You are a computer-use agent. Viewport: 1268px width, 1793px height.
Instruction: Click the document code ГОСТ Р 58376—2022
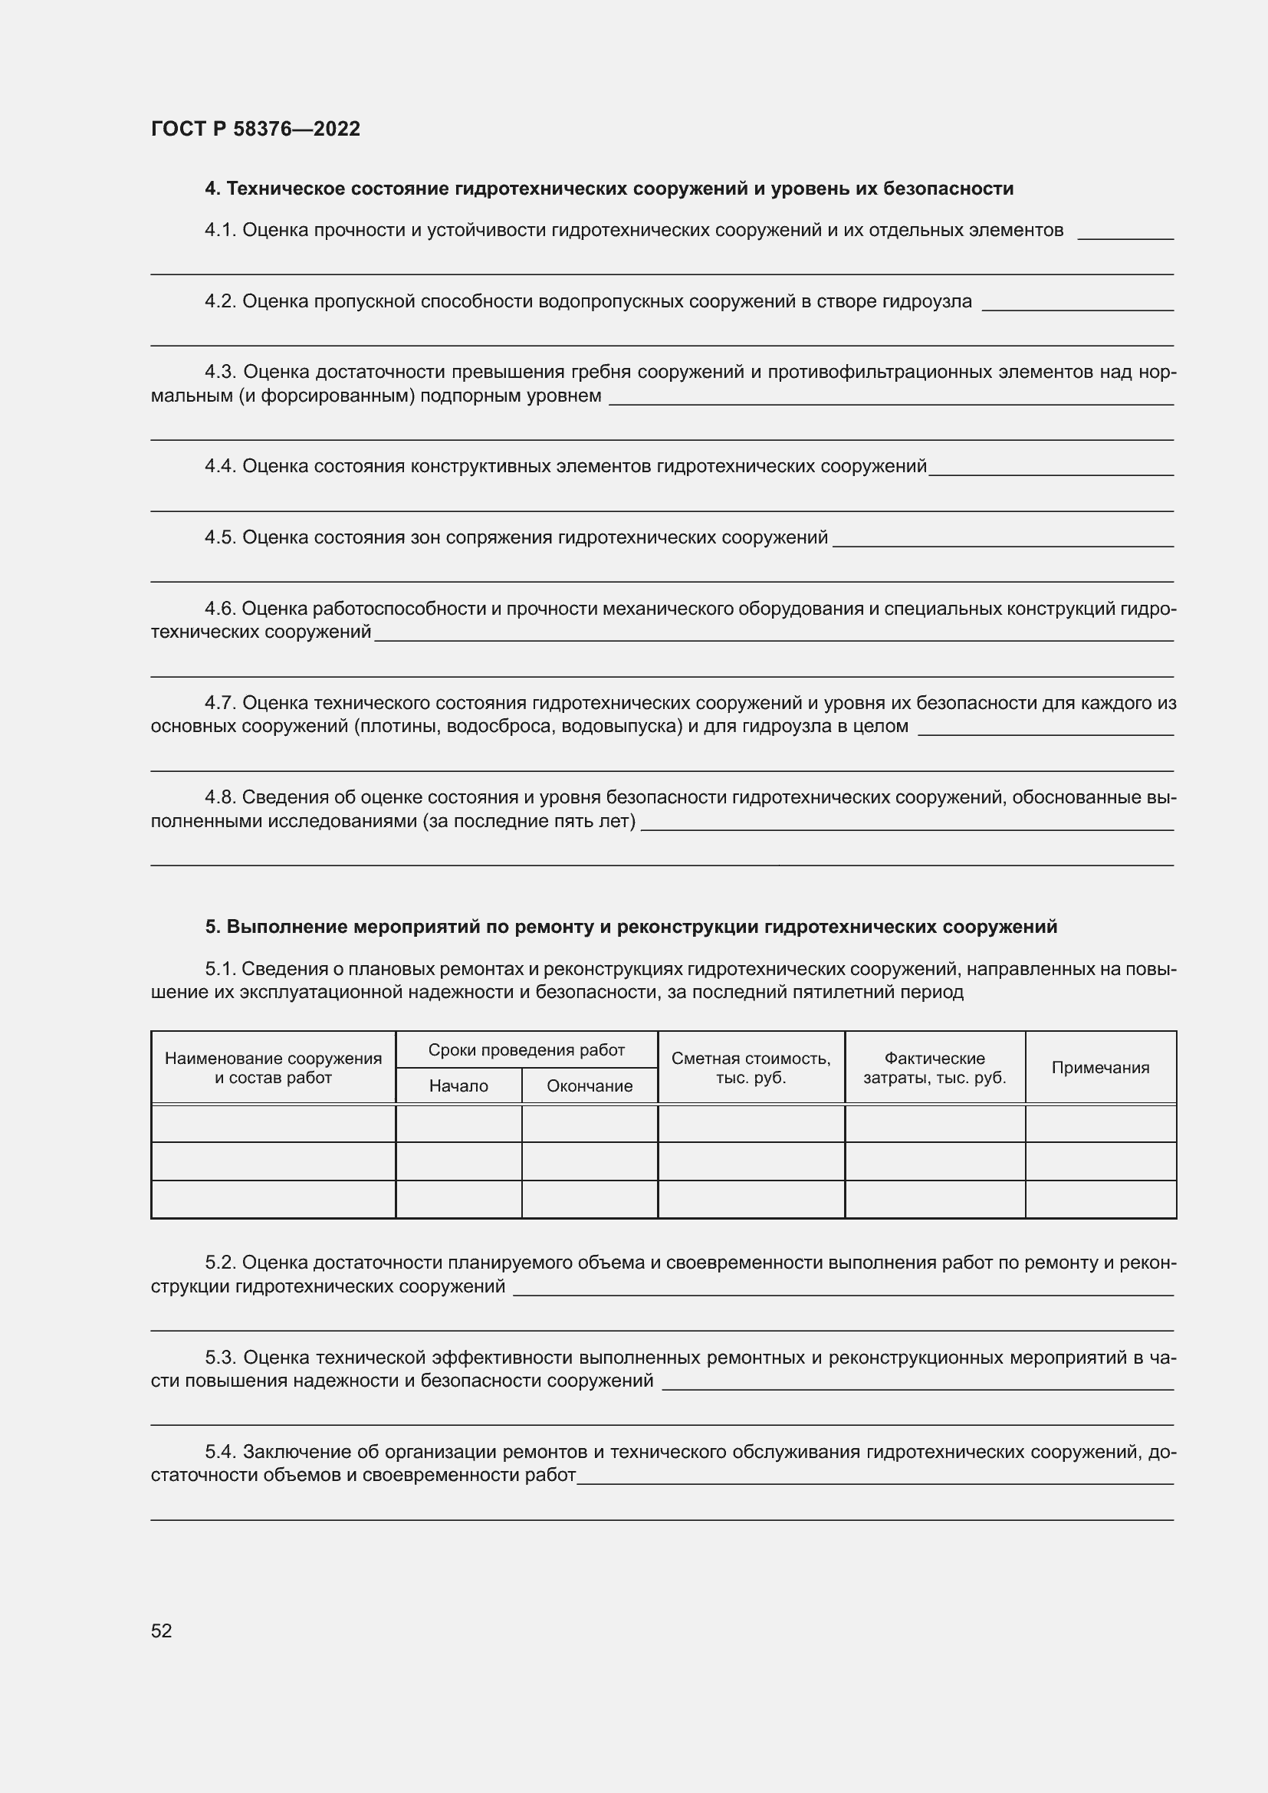[x=255, y=129]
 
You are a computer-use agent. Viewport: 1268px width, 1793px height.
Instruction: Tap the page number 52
[x=162, y=1630]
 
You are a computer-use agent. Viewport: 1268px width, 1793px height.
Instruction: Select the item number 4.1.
[x=220, y=230]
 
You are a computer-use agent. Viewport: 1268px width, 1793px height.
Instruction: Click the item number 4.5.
[x=220, y=537]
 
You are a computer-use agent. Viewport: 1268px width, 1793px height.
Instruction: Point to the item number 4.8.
[x=220, y=797]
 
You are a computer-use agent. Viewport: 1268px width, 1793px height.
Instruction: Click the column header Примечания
[x=1100, y=1068]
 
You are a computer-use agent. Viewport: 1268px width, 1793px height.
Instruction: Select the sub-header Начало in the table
[x=458, y=1086]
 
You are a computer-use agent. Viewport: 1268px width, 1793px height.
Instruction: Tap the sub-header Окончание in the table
[x=590, y=1086]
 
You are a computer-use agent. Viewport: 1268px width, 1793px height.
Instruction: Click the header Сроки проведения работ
[x=526, y=1050]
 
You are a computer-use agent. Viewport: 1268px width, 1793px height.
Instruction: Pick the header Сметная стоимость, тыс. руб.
[x=751, y=1068]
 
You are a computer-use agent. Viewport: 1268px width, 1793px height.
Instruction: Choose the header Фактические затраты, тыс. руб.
[x=935, y=1068]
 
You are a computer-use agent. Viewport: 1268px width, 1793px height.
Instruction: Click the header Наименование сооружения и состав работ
[x=273, y=1068]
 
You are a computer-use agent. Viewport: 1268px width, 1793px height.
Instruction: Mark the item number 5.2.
[x=220, y=1263]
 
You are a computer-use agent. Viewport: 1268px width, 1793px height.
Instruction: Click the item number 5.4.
[x=220, y=1452]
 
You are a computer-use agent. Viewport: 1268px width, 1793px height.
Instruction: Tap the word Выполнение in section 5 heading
[x=287, y=927]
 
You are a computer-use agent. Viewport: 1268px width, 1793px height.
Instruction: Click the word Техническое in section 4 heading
[x=287, y=189]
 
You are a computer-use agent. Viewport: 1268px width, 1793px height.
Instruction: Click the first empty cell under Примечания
[x=1100, y=1124]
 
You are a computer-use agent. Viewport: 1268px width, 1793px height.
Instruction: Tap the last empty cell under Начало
[x=458, y=1199]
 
